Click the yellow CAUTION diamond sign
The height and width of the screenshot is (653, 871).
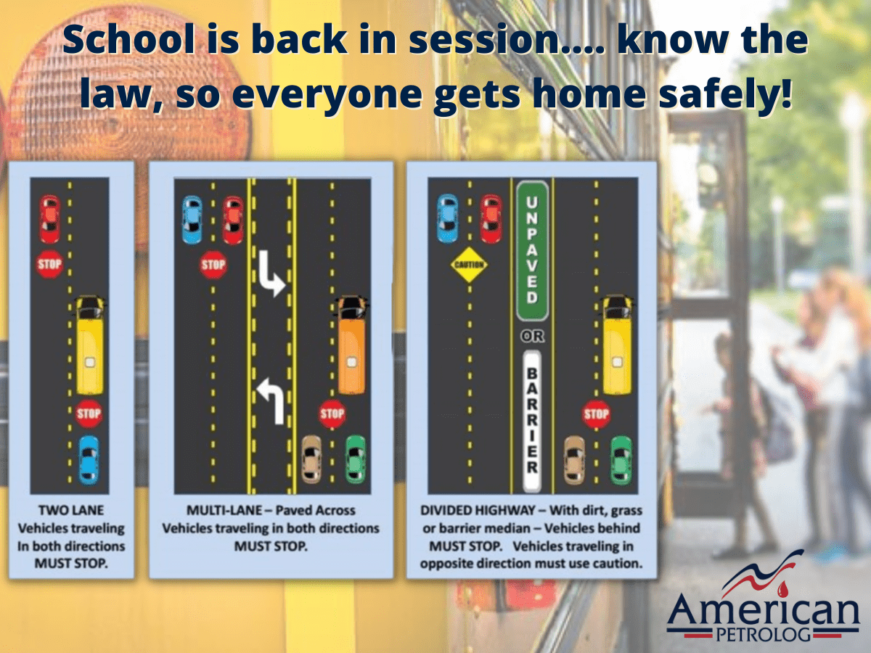click(x=469, y=264)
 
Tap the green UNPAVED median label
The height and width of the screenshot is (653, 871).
click(x=533, y=251)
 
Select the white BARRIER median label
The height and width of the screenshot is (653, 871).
click(x=532, y=422)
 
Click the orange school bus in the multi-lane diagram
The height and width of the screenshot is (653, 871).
click(x=352, y=345)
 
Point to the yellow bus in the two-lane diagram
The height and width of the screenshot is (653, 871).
click(x=90, y=345)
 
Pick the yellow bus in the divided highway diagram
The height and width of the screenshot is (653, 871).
click(x=618, y=345)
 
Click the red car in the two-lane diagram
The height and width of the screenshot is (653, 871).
click(x=50, y=218)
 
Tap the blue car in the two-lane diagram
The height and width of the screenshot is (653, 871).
click(x=89, y=460)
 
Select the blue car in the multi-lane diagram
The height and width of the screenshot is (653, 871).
click(x=193, y=220)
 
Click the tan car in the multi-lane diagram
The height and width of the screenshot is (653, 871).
click(x=311, y=459)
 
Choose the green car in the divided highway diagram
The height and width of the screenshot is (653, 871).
click(x=621, y=461)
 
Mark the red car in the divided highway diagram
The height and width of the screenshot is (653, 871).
click(x=491, y=219)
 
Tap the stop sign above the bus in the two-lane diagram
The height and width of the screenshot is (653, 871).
click(x=50, y=263)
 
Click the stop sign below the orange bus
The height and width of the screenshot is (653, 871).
click(x=332, y=414)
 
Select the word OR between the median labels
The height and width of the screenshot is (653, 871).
click(x=533, y=336)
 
